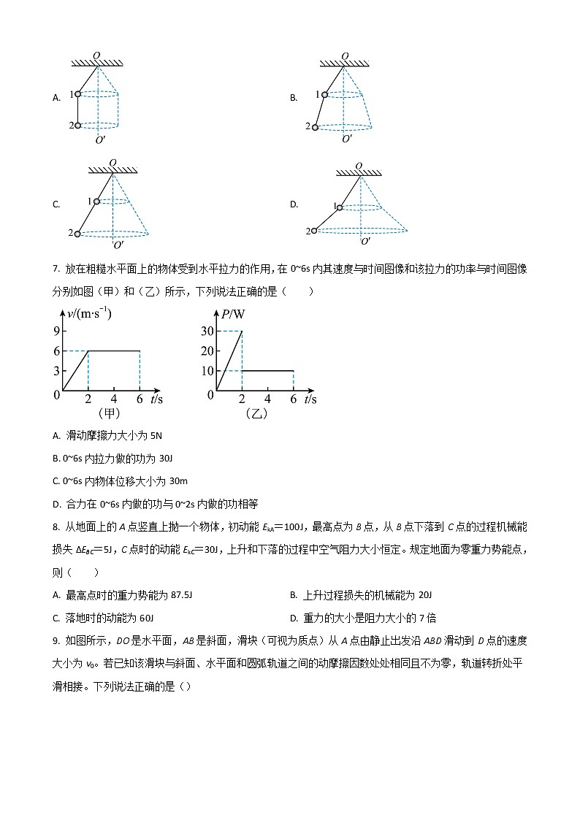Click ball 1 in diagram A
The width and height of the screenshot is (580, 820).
[x=78, y=94]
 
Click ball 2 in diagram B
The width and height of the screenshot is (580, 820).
[x=316, y=127]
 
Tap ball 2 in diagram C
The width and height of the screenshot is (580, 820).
[x=78, y=234]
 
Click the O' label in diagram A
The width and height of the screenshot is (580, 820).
[x=100, y=139]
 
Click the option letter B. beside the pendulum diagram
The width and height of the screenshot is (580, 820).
[x=294, y=98]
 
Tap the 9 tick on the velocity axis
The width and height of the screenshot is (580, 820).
[x=56, y=330]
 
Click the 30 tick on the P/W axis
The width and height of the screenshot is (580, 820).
[x=207, y=331]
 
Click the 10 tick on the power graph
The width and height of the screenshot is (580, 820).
[x=207, y=371]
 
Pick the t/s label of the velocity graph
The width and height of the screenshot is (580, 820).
[x=156, y=399]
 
